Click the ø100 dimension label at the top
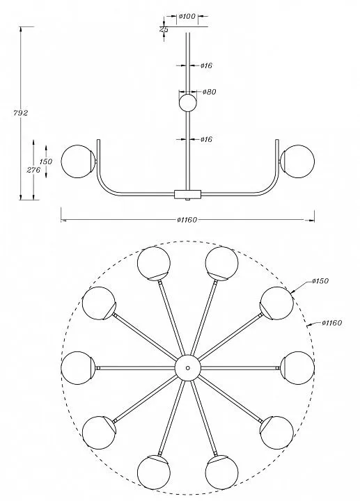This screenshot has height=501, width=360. [x=187, y=16]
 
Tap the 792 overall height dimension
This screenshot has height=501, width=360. [x=21, y=113]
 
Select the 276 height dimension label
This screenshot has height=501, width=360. [x=33, y=170]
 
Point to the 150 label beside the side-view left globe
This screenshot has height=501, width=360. [x=46, y=161]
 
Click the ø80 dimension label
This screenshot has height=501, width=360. [x=210, y=92]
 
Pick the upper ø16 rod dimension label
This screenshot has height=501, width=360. [x=207, y=65]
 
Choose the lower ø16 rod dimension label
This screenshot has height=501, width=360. [x=207, y=139]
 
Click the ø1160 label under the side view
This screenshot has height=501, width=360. [x=187, y=220]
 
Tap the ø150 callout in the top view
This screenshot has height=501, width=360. [x=320, y=281]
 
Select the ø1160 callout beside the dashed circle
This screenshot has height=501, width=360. [x=332, y=323]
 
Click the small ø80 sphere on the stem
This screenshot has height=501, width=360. [x=187, y=102]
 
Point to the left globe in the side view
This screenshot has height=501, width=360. [x=78, y=161]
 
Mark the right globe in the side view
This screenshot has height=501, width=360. [x=297, y=161]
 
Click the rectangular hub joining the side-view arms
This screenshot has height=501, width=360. [x=187, y=194]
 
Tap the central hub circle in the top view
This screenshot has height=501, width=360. [x=188, y=368]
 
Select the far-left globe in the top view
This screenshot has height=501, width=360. [x=77, y=368]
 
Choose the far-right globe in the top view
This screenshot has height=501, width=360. [x=297, y=368]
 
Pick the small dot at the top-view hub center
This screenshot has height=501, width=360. [x=188, y=368]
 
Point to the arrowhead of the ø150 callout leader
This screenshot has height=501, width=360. [x=292, y=292]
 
